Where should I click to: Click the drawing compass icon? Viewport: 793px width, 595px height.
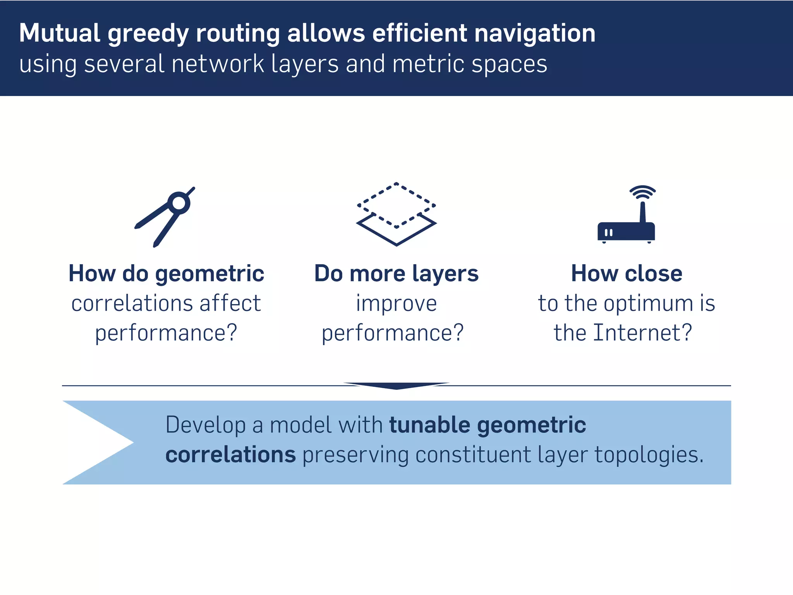click(x=165, y=217)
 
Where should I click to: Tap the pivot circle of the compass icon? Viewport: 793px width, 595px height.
click(x=179, y=203)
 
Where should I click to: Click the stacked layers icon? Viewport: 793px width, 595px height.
click(x=396, y=214)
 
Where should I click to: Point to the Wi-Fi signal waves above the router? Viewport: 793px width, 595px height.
click(x=642, y=192)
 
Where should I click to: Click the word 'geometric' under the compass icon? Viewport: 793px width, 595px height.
click(x=209, y=274)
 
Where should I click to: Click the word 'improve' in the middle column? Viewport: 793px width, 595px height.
click(x=396, y=303)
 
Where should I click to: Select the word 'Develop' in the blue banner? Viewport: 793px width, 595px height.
click(x=206, y=425)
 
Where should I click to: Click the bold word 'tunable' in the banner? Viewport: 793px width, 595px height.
click(x=430, y=425)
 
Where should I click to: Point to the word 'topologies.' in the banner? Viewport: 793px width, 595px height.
click(x=649, y=455)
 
